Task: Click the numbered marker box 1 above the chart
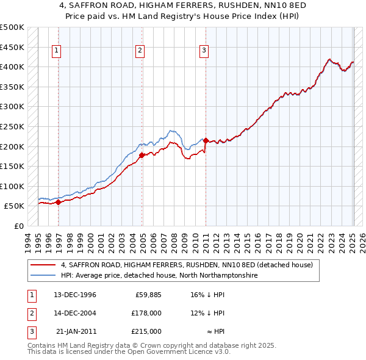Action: (56, 51)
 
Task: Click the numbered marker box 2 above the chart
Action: (140, 51)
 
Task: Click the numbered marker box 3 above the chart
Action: (204, 51)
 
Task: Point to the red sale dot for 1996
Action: (59, 203)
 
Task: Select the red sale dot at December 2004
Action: (142, 155)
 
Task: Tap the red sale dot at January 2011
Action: (206, 140)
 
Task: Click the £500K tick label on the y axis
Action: (12, 27)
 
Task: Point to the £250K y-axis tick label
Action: (12, 126)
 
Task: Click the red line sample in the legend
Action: (43, 265)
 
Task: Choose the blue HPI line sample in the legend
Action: (43, 276)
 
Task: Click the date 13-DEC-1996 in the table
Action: (75, 295)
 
